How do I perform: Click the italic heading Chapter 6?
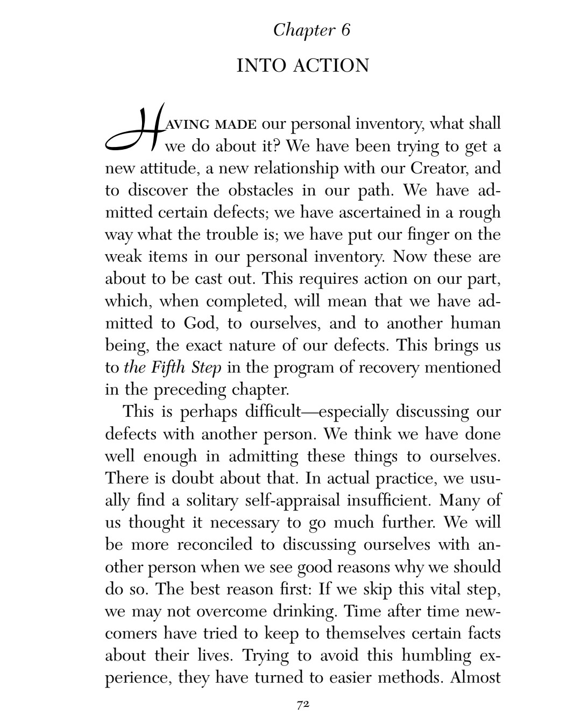[x=311, y=30]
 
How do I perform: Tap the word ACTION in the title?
[x=331, y=66]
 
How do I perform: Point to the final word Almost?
[x=476, y=678]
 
